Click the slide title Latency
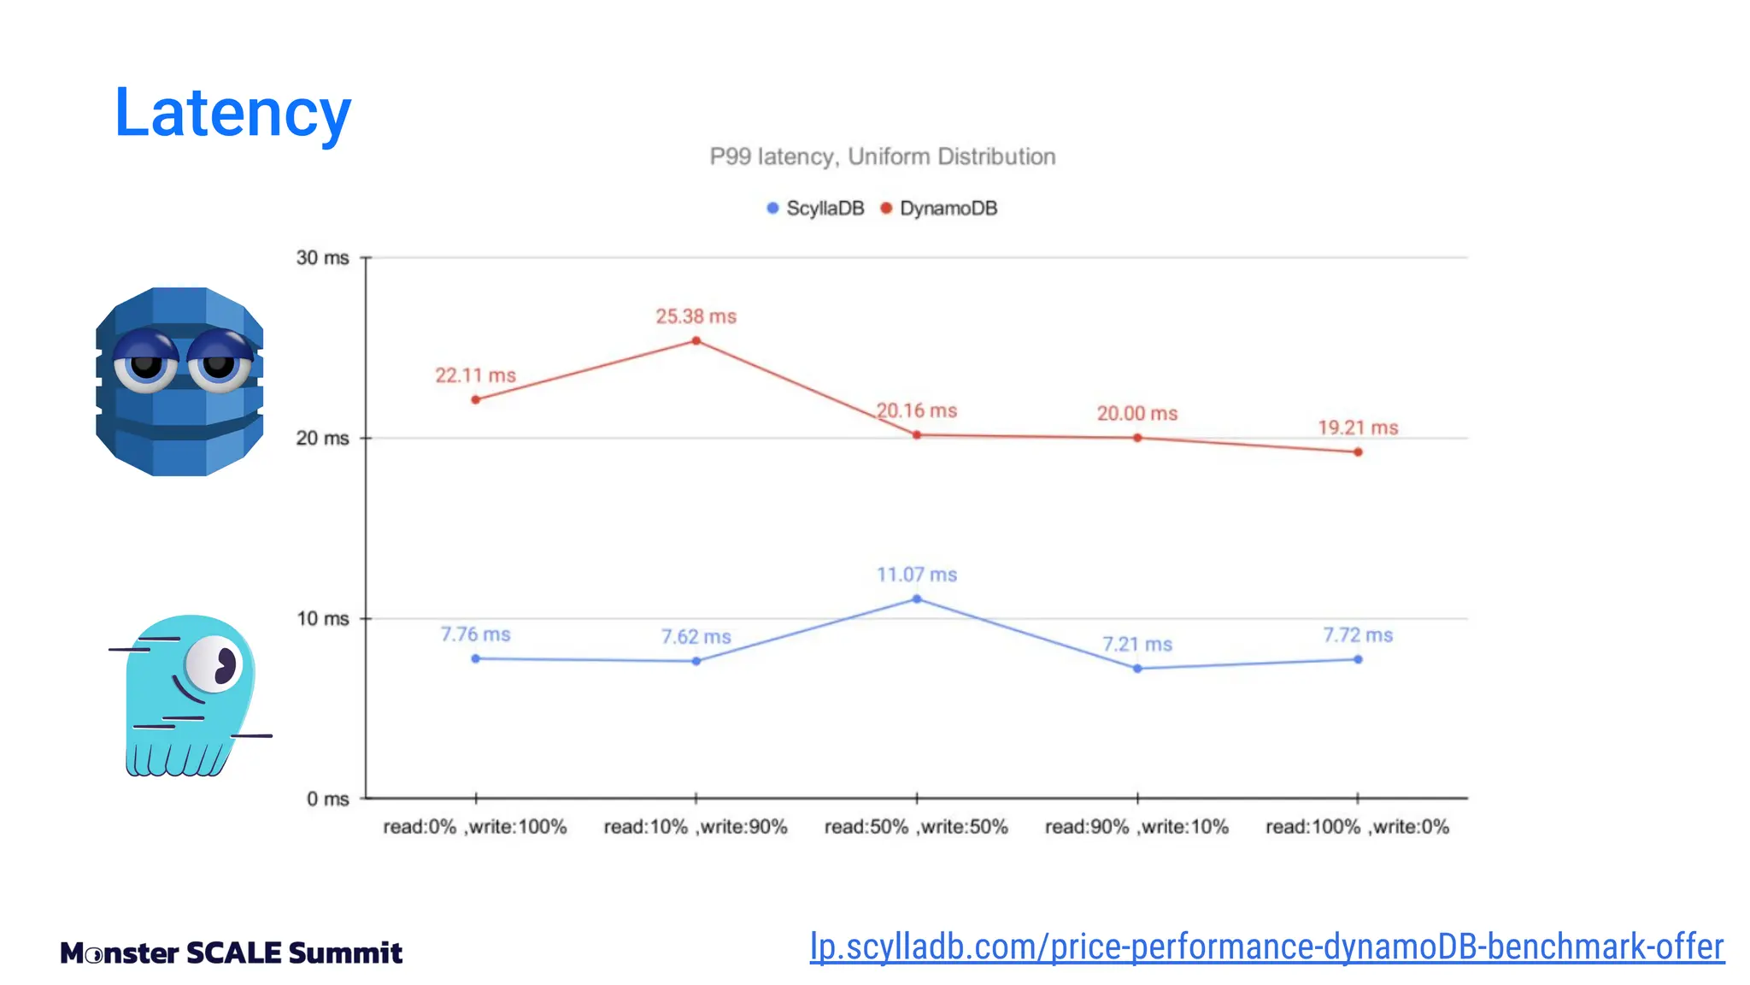pos(232,113)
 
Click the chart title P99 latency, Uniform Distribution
pos(882,156)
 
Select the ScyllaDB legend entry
pos(816,209)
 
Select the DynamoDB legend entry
pos(939,209)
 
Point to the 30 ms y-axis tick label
pos(322,257)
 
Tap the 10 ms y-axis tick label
pos(322,618)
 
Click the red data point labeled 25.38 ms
pos(696,341)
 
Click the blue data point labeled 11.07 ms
pos(917,599)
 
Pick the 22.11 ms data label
pos(475,375)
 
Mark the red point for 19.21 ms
pos(1358,451)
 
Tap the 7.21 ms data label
pos(1136,644)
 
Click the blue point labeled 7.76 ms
pos(476,658)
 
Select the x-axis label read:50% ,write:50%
pos(916,827)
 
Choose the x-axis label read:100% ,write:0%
pos(1357,827)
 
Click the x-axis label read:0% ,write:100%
pos(475,827)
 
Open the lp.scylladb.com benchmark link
pos(1266,947)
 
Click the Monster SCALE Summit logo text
pos(231,953)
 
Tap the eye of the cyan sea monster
pos(214,664)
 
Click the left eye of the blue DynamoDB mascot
pos(146,363)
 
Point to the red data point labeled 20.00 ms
pos(1137,438)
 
